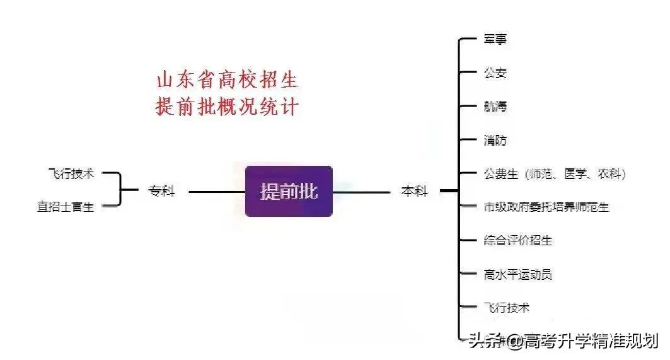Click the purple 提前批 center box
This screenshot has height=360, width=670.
(x=289, y=191)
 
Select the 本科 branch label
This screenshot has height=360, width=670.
(x=414, y=191)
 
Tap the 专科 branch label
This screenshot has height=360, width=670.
(x=161, y=190)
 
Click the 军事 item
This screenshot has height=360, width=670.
(x=495, y=39)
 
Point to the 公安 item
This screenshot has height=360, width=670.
(x=495, y=73)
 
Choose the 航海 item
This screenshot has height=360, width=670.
(x=495, y=107)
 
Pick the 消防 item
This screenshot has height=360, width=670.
(x=495, y=140)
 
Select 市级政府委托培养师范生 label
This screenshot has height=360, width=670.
(x=546, y=206)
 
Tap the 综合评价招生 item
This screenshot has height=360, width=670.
(x=518, y=240)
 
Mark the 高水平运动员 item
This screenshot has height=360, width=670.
(x=518, y=274)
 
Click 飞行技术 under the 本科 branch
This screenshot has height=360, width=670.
(x=507, y=308)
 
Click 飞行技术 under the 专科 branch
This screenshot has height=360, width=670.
(x=71, y=173)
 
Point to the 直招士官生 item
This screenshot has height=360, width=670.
(x=66, y=207)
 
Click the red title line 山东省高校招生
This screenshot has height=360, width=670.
(x=227, y=80)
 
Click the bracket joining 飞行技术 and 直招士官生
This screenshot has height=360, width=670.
(x=120, y=190)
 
